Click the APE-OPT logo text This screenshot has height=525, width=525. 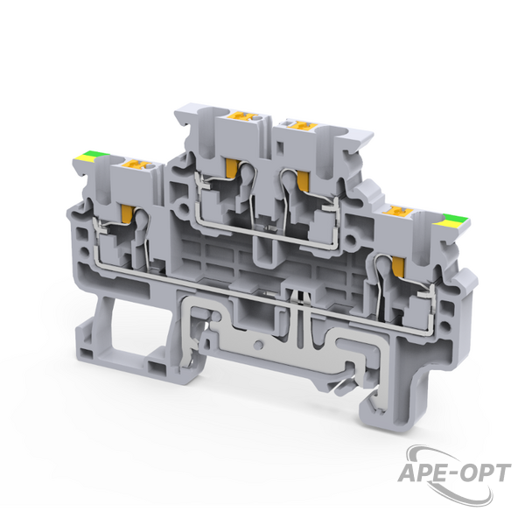pos(453,472)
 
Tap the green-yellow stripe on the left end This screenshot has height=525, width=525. pos(91,156)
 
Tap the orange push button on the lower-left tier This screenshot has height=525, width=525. pos(137,164)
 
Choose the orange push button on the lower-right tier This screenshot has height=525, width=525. pos(400,211)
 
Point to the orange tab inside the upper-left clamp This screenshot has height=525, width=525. pos(231,167)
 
